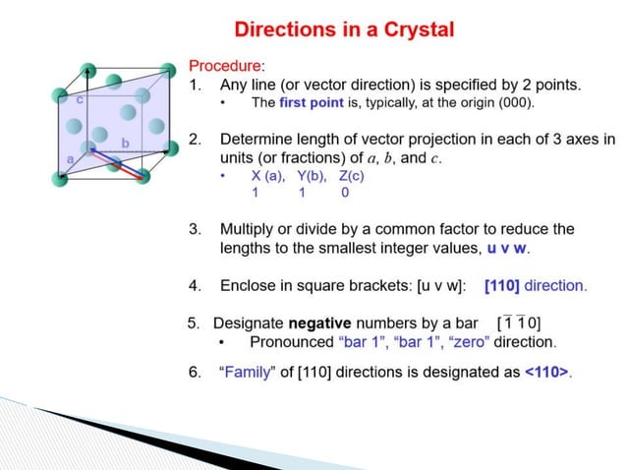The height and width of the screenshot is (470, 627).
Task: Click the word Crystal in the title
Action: [x=411, y=29]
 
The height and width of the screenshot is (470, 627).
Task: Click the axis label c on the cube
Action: [x=80, y=99]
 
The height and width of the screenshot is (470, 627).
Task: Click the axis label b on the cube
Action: [x=125, y=145]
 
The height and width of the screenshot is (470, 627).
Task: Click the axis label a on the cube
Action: [x=70, y=157]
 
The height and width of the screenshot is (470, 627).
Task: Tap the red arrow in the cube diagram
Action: [x=115, y=164]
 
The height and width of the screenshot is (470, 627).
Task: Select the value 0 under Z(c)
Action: [x=345, y=194]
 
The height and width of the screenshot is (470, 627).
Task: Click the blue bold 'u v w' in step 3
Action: [x=508, y=248]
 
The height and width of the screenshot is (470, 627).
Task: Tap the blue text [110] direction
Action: [x=535, y=286]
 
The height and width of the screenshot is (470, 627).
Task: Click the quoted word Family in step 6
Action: [x=248, y=374]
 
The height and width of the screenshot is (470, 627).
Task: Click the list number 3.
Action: [x=195, y=229]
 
